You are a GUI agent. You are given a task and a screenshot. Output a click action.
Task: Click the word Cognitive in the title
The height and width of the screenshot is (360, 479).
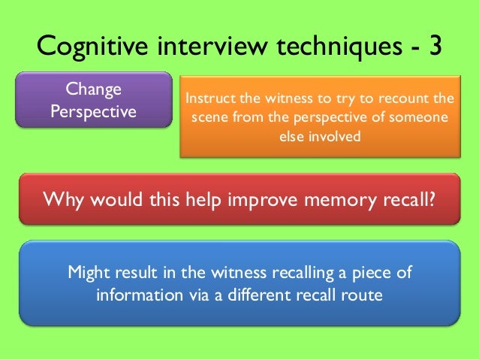pyautogui.click(x=93, y=47)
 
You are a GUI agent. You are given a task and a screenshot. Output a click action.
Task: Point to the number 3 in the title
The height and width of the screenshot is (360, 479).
pyautogui.click(x=435, y=47)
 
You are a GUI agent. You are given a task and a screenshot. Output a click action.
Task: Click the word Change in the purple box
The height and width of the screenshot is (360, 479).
pyautogui.click(x=94, y=90)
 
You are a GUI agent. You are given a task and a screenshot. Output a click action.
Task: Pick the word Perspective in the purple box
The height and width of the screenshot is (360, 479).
pyautogui.click(x=94, y=112)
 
